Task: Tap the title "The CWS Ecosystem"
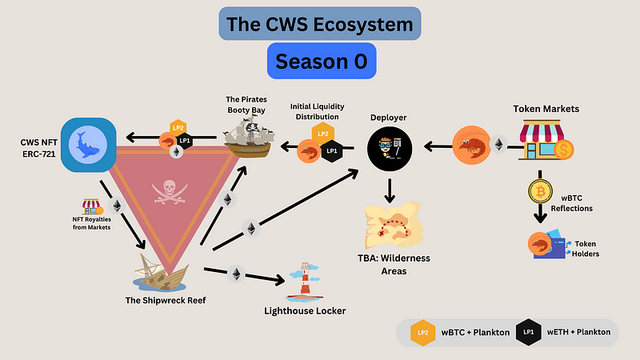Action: click(x=320, y=24)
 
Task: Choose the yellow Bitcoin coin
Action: click(x=541, y=191)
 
